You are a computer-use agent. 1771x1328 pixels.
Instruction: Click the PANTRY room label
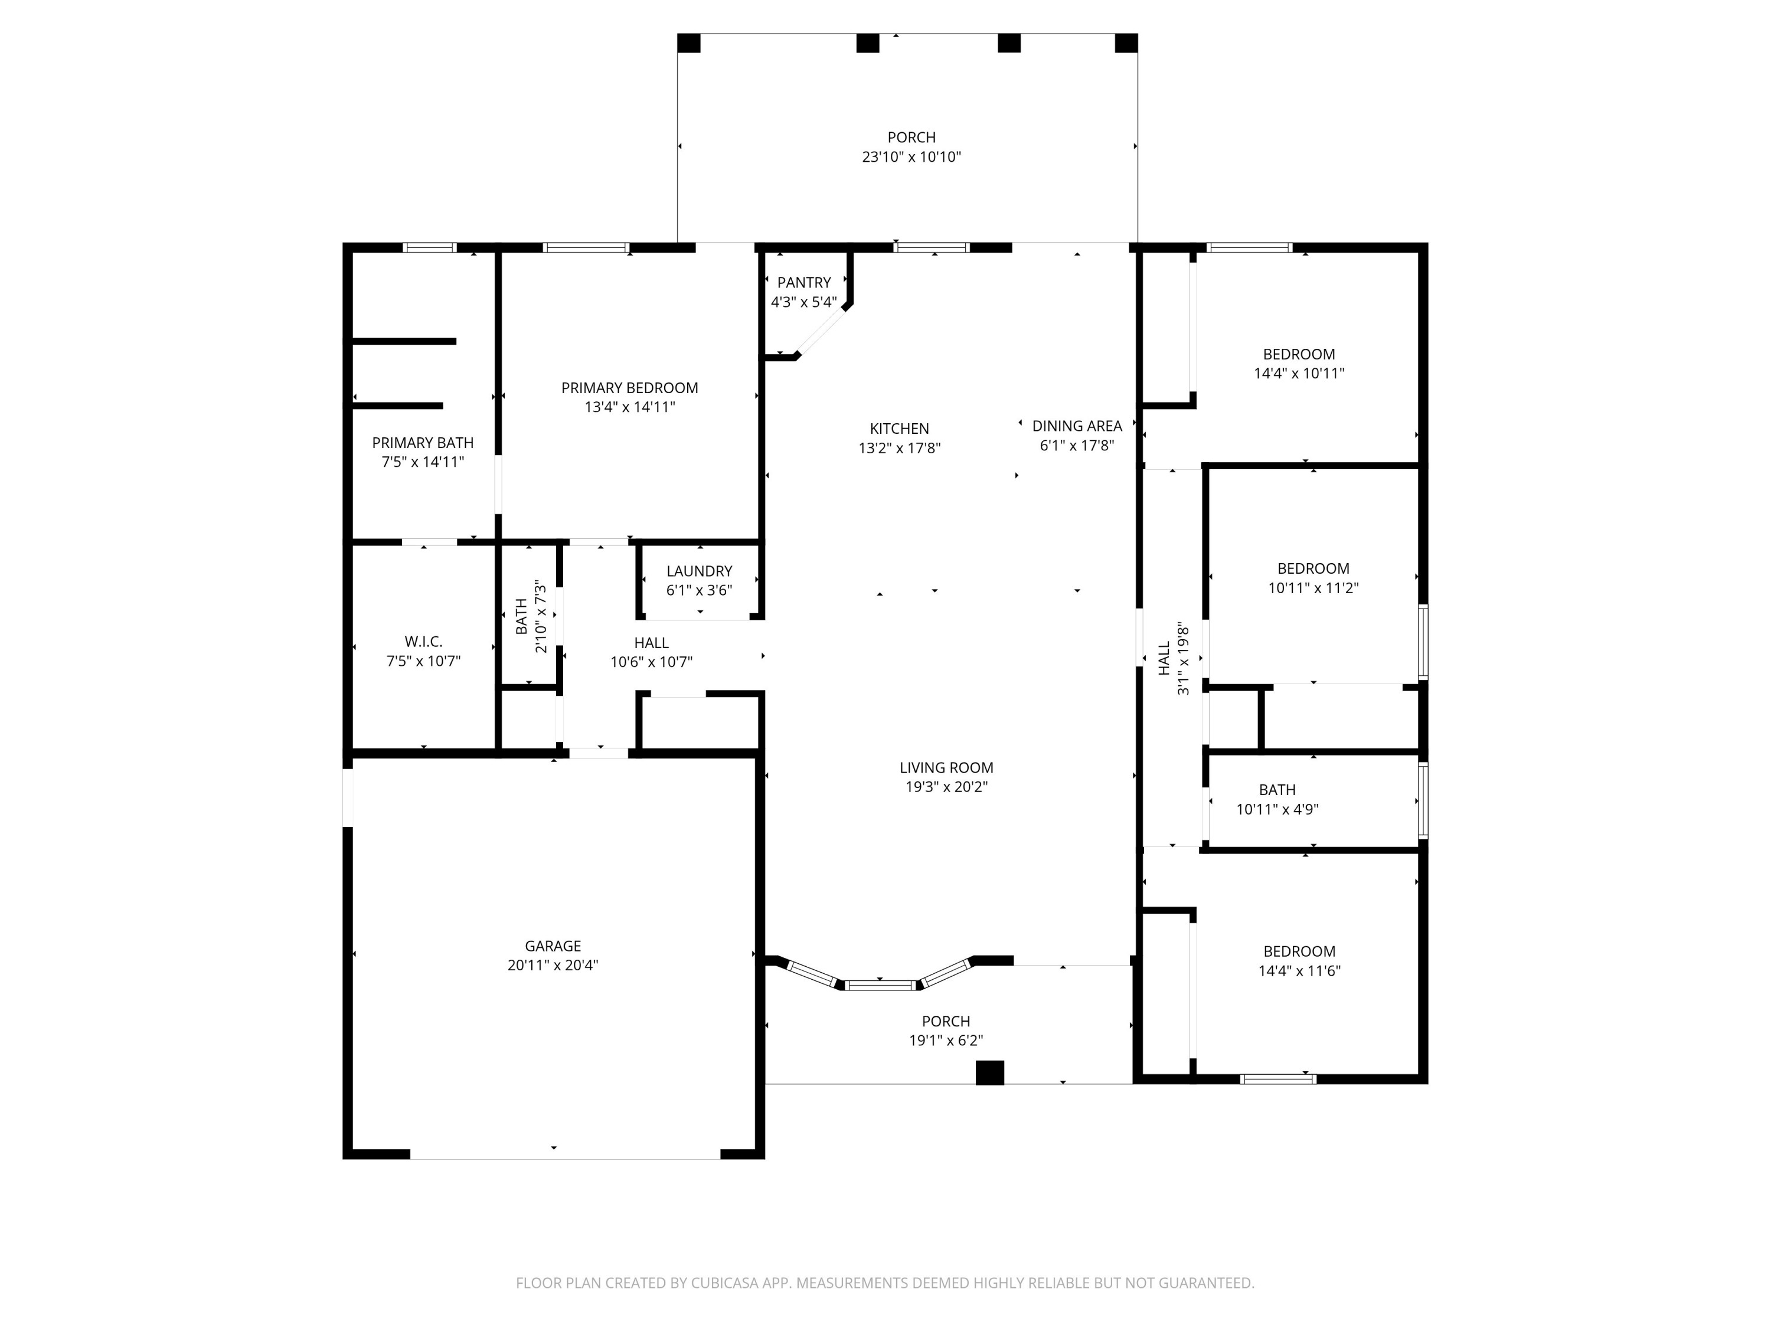[804, 283]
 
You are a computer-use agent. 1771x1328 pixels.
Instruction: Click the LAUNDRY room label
[699, 571]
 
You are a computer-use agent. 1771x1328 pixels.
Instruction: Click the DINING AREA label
[1077, 427]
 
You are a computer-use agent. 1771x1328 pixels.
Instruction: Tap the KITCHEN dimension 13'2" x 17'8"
[899, 448]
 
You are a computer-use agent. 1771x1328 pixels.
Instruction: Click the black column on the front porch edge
[989, 1072]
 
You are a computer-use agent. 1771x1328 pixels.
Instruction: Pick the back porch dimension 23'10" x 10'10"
[911, 157]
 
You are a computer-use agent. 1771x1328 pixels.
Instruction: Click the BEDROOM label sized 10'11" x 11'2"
[1313, 569]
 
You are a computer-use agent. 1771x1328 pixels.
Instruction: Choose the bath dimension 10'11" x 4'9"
[1277, 809]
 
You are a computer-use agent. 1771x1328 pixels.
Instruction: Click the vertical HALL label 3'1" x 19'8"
[1174, 658]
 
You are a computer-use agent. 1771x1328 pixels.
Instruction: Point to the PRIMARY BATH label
[423, 443]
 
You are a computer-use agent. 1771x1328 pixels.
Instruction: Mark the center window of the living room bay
[881, 984]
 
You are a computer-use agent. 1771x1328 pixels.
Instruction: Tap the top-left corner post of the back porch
[688, 43]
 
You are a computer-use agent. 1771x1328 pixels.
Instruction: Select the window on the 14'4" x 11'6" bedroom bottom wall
[1278, 1079]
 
